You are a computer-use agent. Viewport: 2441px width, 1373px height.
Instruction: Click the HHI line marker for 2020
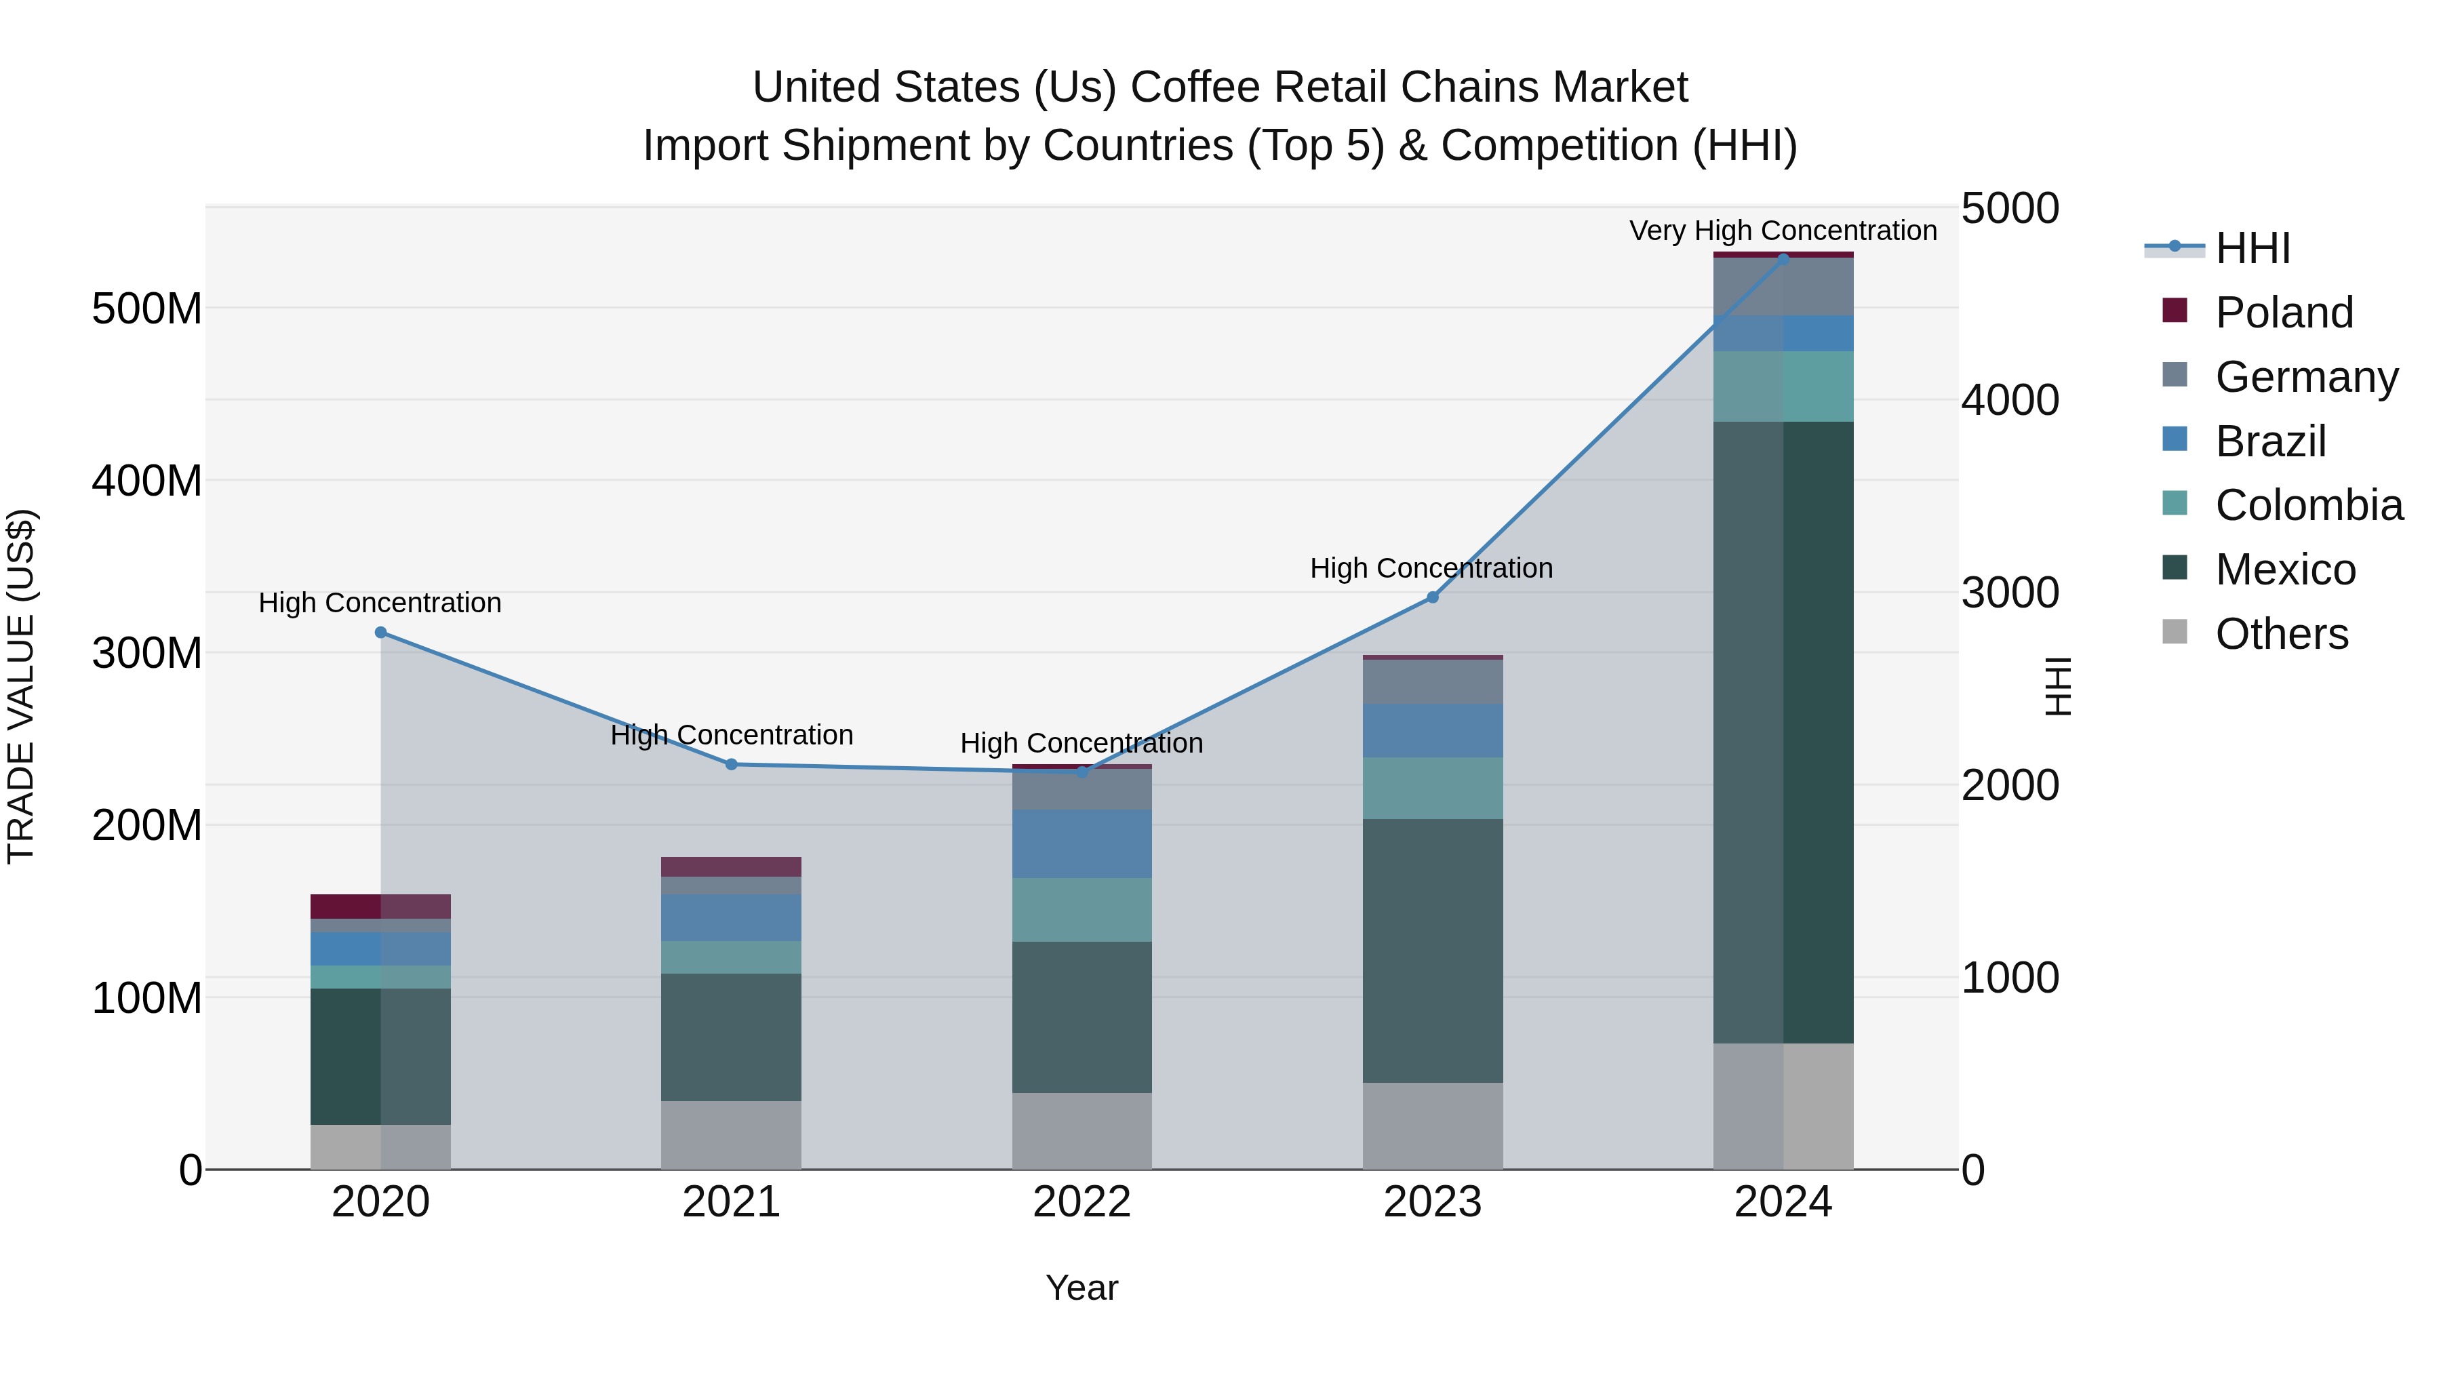click(x=380, y=632)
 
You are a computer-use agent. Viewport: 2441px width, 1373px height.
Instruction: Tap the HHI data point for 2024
click(x=1783, y=259)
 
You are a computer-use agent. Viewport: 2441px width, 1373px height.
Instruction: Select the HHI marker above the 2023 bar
click(x=1432, y=597)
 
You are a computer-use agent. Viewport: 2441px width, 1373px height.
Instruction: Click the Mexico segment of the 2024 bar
click(x=1783, y=732)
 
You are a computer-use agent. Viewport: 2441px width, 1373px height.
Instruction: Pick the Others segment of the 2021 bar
click(x=730, y=1134)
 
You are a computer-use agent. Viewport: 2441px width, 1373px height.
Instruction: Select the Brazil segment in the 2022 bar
click(x=1081, y=843)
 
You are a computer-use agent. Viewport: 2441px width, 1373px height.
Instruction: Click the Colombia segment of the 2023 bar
click(x=1432, y=787)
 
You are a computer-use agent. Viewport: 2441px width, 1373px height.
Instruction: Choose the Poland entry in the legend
click(x=2284, y=313)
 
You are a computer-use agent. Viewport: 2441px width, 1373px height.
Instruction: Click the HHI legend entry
click(x=2253, y=248)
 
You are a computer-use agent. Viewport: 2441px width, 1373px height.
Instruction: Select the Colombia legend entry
click(x=2308, y=505)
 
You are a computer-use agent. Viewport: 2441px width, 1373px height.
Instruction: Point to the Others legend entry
click(x=2281, y=634)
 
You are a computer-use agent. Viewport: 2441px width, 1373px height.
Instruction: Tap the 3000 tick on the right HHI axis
click(x=2009, y=593)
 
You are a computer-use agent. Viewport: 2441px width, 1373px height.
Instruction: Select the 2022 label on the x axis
click(x=1081, y=1202)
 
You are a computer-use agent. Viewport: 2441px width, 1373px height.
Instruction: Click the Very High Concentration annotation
click(x=1783, y=231)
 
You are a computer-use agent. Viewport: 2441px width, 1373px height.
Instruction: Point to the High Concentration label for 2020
click(x=380, y=603)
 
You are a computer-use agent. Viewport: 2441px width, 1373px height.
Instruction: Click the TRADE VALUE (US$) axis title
click(x=21, y=686)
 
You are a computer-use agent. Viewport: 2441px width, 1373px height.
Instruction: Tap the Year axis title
click(x=1081, y=1288)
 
